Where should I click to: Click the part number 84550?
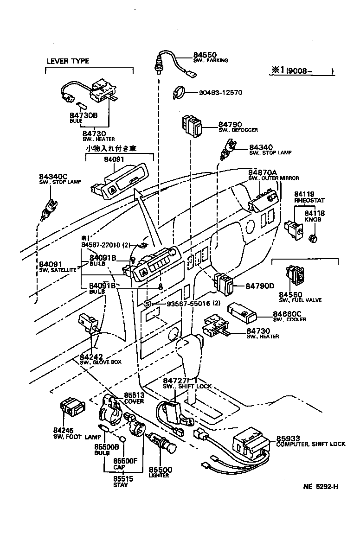pos(205,55)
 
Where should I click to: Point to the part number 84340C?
pos(53,177)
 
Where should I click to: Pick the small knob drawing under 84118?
pos(312,238)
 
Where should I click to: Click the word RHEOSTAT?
pos(309,200)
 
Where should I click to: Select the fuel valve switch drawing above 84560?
pos(297,277)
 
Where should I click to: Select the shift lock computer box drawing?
pos(251,445)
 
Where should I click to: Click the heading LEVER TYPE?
pos(68,61)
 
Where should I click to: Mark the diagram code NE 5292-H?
pos(320,486)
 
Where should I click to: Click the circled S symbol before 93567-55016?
pos(147,304)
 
